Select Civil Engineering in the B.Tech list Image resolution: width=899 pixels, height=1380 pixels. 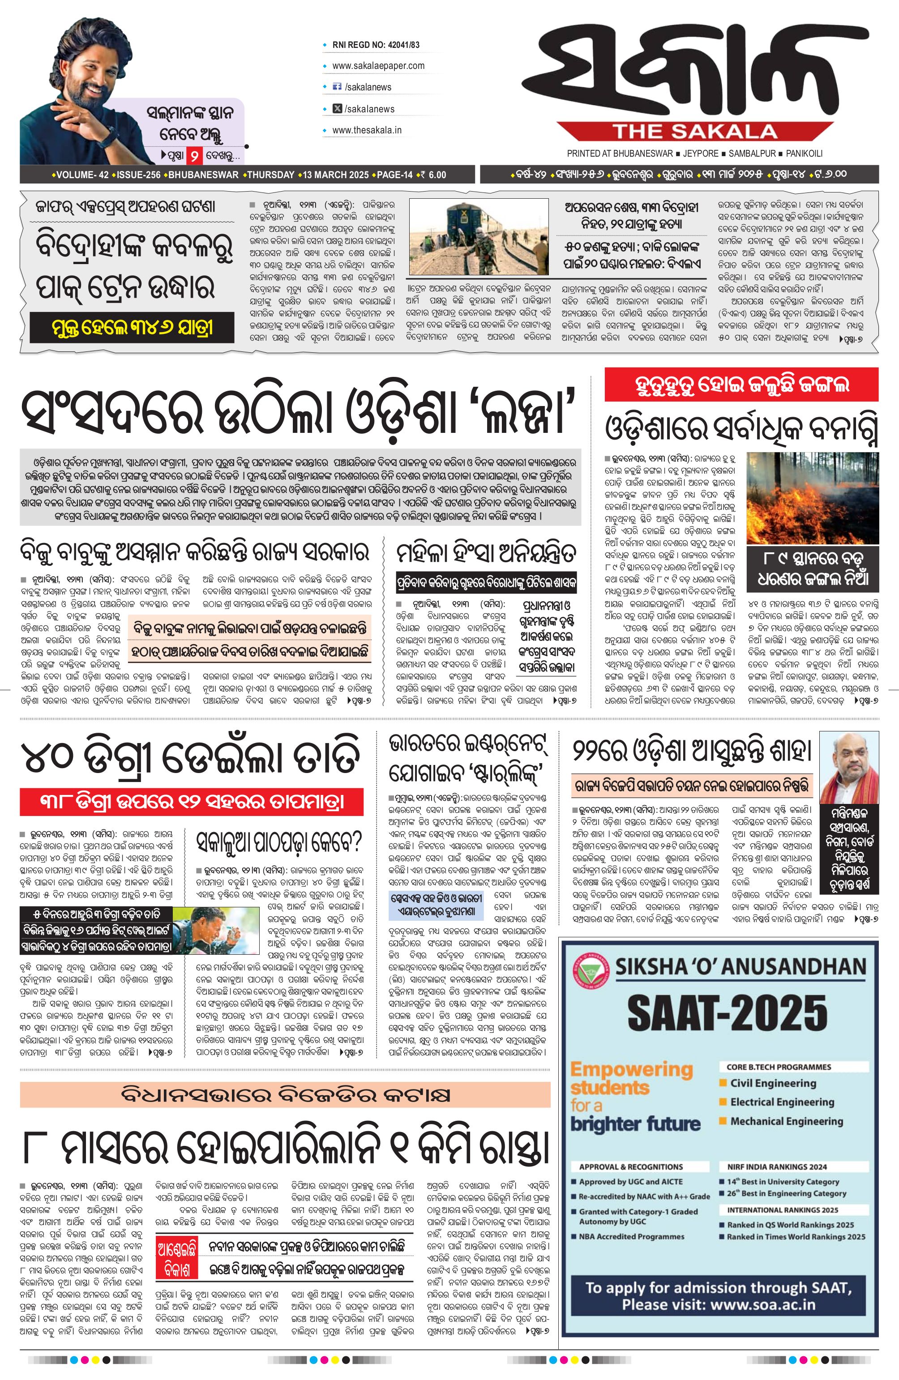pos(773,1083)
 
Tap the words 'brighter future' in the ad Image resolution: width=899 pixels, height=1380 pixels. pos(636,1124)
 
